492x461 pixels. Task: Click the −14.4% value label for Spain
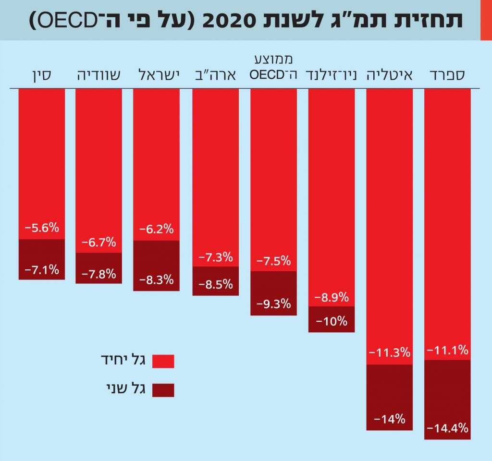click(447, 428)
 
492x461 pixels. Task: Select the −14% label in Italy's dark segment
click(390, 419)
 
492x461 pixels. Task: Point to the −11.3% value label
click(390, 353)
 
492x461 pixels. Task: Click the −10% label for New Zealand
click(332, 321)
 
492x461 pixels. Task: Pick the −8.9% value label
click(332, 297)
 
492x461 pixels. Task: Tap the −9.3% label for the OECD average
click(273, 303)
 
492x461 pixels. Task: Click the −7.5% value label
click(273, 261)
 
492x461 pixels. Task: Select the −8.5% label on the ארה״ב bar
click(216, 284)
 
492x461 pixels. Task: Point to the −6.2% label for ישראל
click(156, 230)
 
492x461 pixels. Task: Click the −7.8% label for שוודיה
click(99, 274)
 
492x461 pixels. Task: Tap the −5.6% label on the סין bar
click(42, 228)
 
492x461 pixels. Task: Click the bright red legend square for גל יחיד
click(163, 361)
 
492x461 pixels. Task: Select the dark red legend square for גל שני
click(163, 390)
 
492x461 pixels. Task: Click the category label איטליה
click(390, 75)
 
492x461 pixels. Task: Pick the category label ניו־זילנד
click(332, 75)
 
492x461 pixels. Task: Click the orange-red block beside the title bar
click(486, 20)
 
